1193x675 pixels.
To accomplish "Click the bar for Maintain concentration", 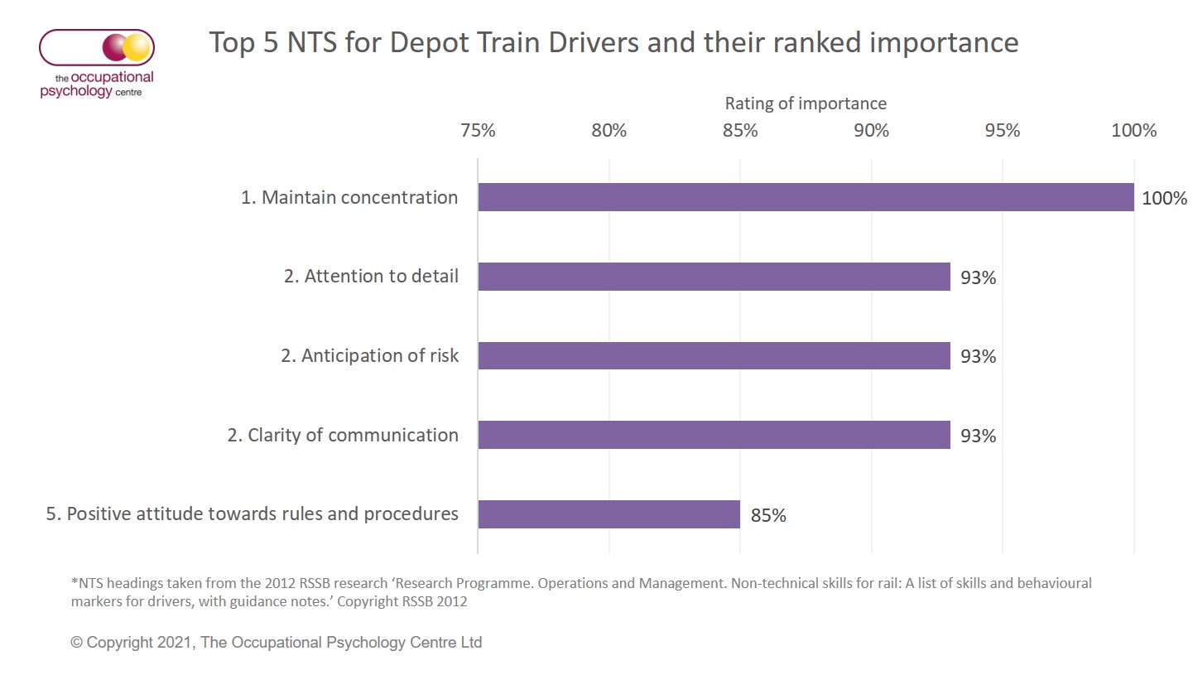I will coord(806,197).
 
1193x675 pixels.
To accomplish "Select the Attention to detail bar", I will coord(714,277).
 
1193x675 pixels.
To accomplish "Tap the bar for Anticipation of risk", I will coord(714,356).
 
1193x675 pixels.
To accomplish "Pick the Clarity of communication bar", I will coord(714,435).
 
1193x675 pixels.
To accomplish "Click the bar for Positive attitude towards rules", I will coord(609,514).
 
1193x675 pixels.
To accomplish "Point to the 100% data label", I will coord(1164,199).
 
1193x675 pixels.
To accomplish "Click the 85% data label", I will coord(768,516).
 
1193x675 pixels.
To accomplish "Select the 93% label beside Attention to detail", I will coord(978,278).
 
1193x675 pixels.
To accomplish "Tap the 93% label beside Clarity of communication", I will coord(978,436).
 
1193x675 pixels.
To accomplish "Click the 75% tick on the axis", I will coord(478,131).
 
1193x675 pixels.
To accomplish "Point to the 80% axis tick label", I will coord(609,131).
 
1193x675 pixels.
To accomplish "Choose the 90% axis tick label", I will coord(871,131).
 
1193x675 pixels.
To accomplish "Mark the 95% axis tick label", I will coord(1003,131).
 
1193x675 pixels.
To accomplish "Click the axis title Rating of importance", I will coord(806,104).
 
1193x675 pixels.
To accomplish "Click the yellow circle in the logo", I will coord(137,47).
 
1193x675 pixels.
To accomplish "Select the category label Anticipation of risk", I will coord(369,356).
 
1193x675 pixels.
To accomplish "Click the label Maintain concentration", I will coord(349,198).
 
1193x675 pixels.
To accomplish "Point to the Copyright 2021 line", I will coord(276,642).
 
